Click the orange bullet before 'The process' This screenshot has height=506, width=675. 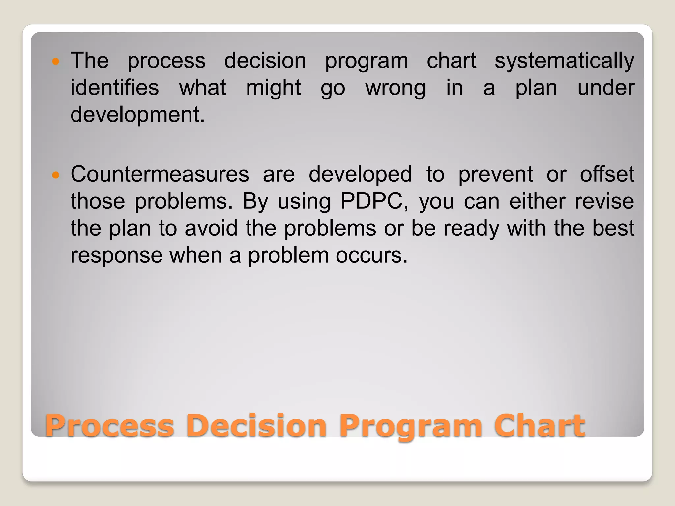(x=56, y=61)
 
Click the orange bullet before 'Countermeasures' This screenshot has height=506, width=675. (x=56, y=175)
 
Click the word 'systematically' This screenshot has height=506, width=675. (x=564, y=61)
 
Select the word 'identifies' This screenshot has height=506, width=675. (x=115, y=88)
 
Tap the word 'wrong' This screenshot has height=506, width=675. (x=396, y=88)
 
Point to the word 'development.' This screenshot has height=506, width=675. (x=137, y=115)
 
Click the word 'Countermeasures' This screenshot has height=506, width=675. (x=160, y=174)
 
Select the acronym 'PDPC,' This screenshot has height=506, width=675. (x=374, y=201)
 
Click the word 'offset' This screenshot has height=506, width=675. (x=607, y=174)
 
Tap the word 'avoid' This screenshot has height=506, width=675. (x=211, y=228)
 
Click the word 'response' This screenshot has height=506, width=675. (x=116, y=255)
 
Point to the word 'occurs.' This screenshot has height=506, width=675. (x=372, y=255)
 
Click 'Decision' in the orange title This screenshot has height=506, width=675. (x=256, y=426)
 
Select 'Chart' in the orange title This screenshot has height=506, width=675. (x=539, y=426)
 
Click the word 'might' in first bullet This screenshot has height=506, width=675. (x=273, y=88)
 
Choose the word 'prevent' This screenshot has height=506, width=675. (x=495, y=175)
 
